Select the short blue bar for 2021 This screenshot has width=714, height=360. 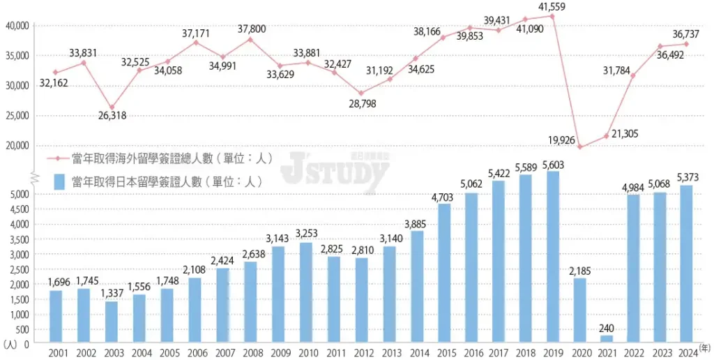pyautogui.click(x=607, y=339)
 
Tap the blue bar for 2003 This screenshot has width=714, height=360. pyautogui.click(x=112, y=322)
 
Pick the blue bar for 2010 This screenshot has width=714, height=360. pyautogui.click(x=305, y=292)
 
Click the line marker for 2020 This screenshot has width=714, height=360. pyautogui.click(x=580, y=147)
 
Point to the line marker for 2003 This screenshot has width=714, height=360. pyautogui.click(x=112, y=107)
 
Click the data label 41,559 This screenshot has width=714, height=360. pyautogui.click(x=552, y=6)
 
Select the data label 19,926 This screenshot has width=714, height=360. pyautogui.click(x=561, y=140)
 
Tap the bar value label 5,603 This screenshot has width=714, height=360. pyautogui.click(x=552, y=165)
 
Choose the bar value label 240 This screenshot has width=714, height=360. pyautogui.click(x=607, y=329)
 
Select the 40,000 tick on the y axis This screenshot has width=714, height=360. pyautogui.click(x=17, y=26)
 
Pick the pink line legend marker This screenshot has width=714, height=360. pyautogui.click(x=59, y=158)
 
